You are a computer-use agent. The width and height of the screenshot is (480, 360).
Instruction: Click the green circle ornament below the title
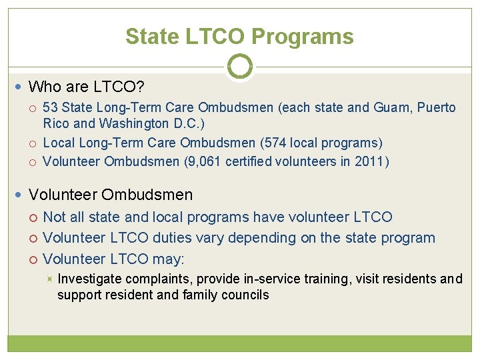click(240, 67)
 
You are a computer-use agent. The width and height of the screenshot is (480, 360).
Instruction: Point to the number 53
click(51, 108)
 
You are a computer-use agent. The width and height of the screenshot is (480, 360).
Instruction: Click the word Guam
click(378, 108)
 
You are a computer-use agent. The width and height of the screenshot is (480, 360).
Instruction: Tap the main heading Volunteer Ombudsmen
click(111, 195)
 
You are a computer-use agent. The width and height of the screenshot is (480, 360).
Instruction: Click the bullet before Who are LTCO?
click(21, 87)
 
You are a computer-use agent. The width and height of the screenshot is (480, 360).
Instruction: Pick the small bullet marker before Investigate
click(50, 279)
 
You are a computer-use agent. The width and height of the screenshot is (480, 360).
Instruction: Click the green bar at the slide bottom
click(240, 343)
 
